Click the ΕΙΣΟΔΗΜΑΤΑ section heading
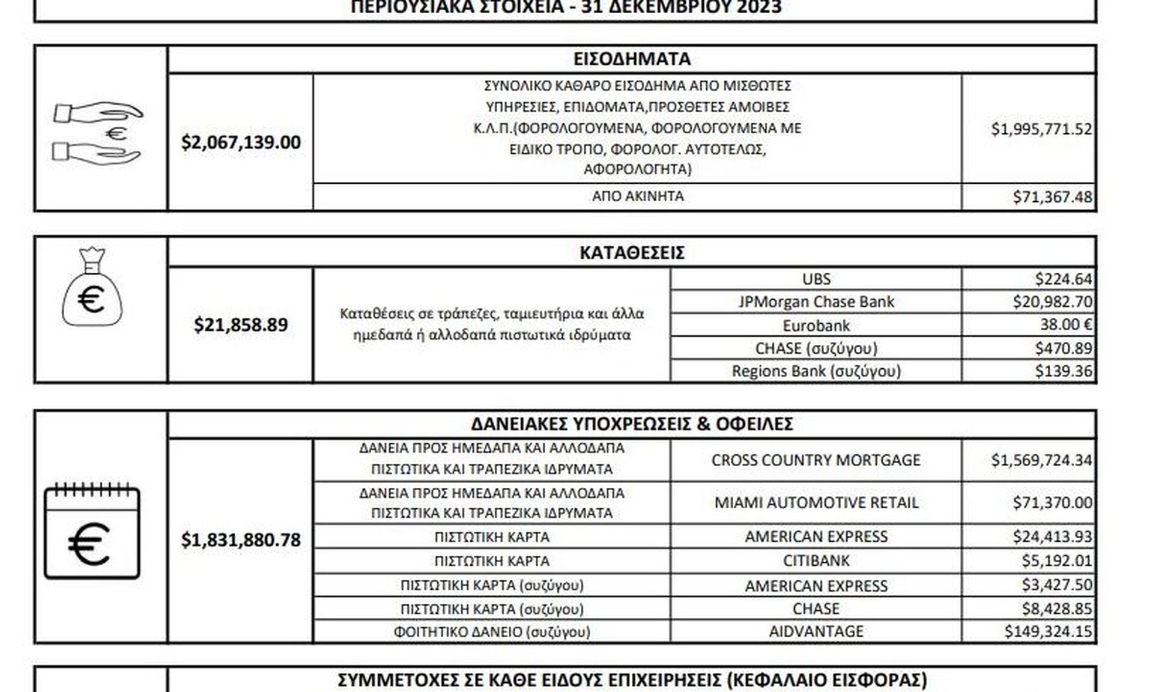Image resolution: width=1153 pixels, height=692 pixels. pyautogui.click(x=632, y=59)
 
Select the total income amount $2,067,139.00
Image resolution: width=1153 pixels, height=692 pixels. pyautogui.click(x=241, y=142)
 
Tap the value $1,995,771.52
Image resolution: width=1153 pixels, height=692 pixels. pyautogui.click(x=1041, y=129)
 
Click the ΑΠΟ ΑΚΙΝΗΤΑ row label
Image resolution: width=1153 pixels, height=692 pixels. pyautogui.click(x=638, y=196)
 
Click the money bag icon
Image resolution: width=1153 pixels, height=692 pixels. pyautogui.click(x=92, y=288)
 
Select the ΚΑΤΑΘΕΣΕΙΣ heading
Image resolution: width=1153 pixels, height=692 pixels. pyautogui.click(x=632, y=253)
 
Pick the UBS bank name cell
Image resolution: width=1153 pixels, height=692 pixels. pyautogui.click(x=816, y=279)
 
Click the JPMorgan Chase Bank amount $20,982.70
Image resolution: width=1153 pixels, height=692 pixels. pyautogui.click(x=1052, y=302)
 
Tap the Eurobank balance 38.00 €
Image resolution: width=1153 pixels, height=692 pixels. pyautogui.click(x=1065, y=325)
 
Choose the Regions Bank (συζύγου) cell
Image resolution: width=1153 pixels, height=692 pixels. pyautogui.click(x=816, y=371)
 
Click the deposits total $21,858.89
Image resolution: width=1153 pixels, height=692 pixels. pyautogui.click(x=241, y=325)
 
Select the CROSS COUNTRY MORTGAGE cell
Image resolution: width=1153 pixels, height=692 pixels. pyautogui.click(x=816, y=460)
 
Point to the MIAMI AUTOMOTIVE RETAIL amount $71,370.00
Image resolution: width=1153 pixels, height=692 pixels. pyautogui.click(x=1052, y=502)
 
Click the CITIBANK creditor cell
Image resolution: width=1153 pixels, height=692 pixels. pyautogui.click(x=816, y=560)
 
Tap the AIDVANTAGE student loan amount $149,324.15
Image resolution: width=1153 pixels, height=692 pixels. pyautogui.click(x=1048, y=631)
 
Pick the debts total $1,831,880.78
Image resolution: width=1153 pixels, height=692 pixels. pyautogui.click(x=241, y=540)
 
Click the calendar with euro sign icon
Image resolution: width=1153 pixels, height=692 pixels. pyautogui.click(x=92, y=531)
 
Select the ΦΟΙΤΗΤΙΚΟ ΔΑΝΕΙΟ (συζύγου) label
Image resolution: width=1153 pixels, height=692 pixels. pyautogui.click(x=492, y=632)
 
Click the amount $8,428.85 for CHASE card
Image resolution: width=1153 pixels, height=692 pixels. pyautogui.click(x=1056, y=609)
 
